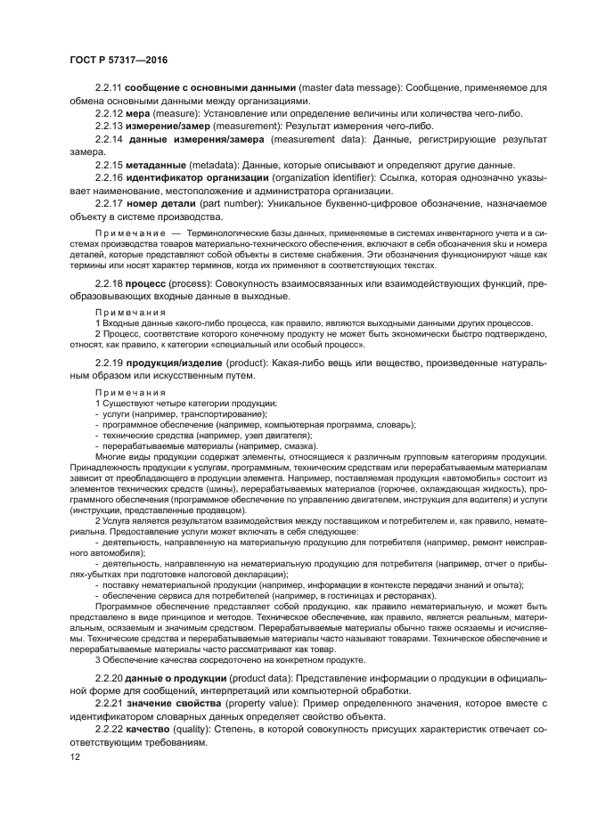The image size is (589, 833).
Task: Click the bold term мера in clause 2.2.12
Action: pos(138,113)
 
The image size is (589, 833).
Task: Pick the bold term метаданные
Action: pos(157,165)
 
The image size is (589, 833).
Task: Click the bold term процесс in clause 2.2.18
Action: pos(149,282)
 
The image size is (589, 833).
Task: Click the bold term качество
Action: pos(151,730)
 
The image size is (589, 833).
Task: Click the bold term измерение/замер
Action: pos(168,126)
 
